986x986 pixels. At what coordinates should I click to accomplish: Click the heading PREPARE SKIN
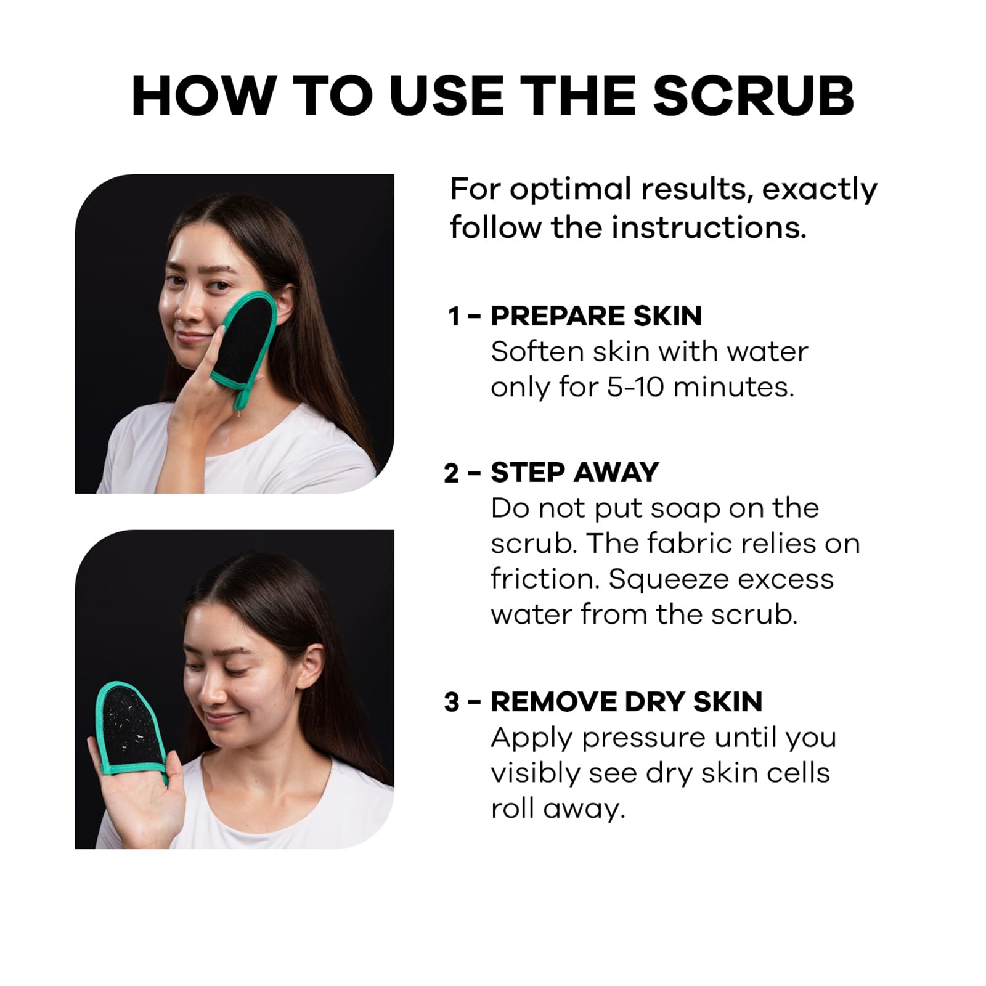pos(596,316)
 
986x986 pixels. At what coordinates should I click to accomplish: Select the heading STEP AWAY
pos(574,473)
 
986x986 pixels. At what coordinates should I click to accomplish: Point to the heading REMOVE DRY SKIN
pos(626,702)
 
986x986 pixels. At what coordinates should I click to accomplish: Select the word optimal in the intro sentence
pos(570,190)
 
